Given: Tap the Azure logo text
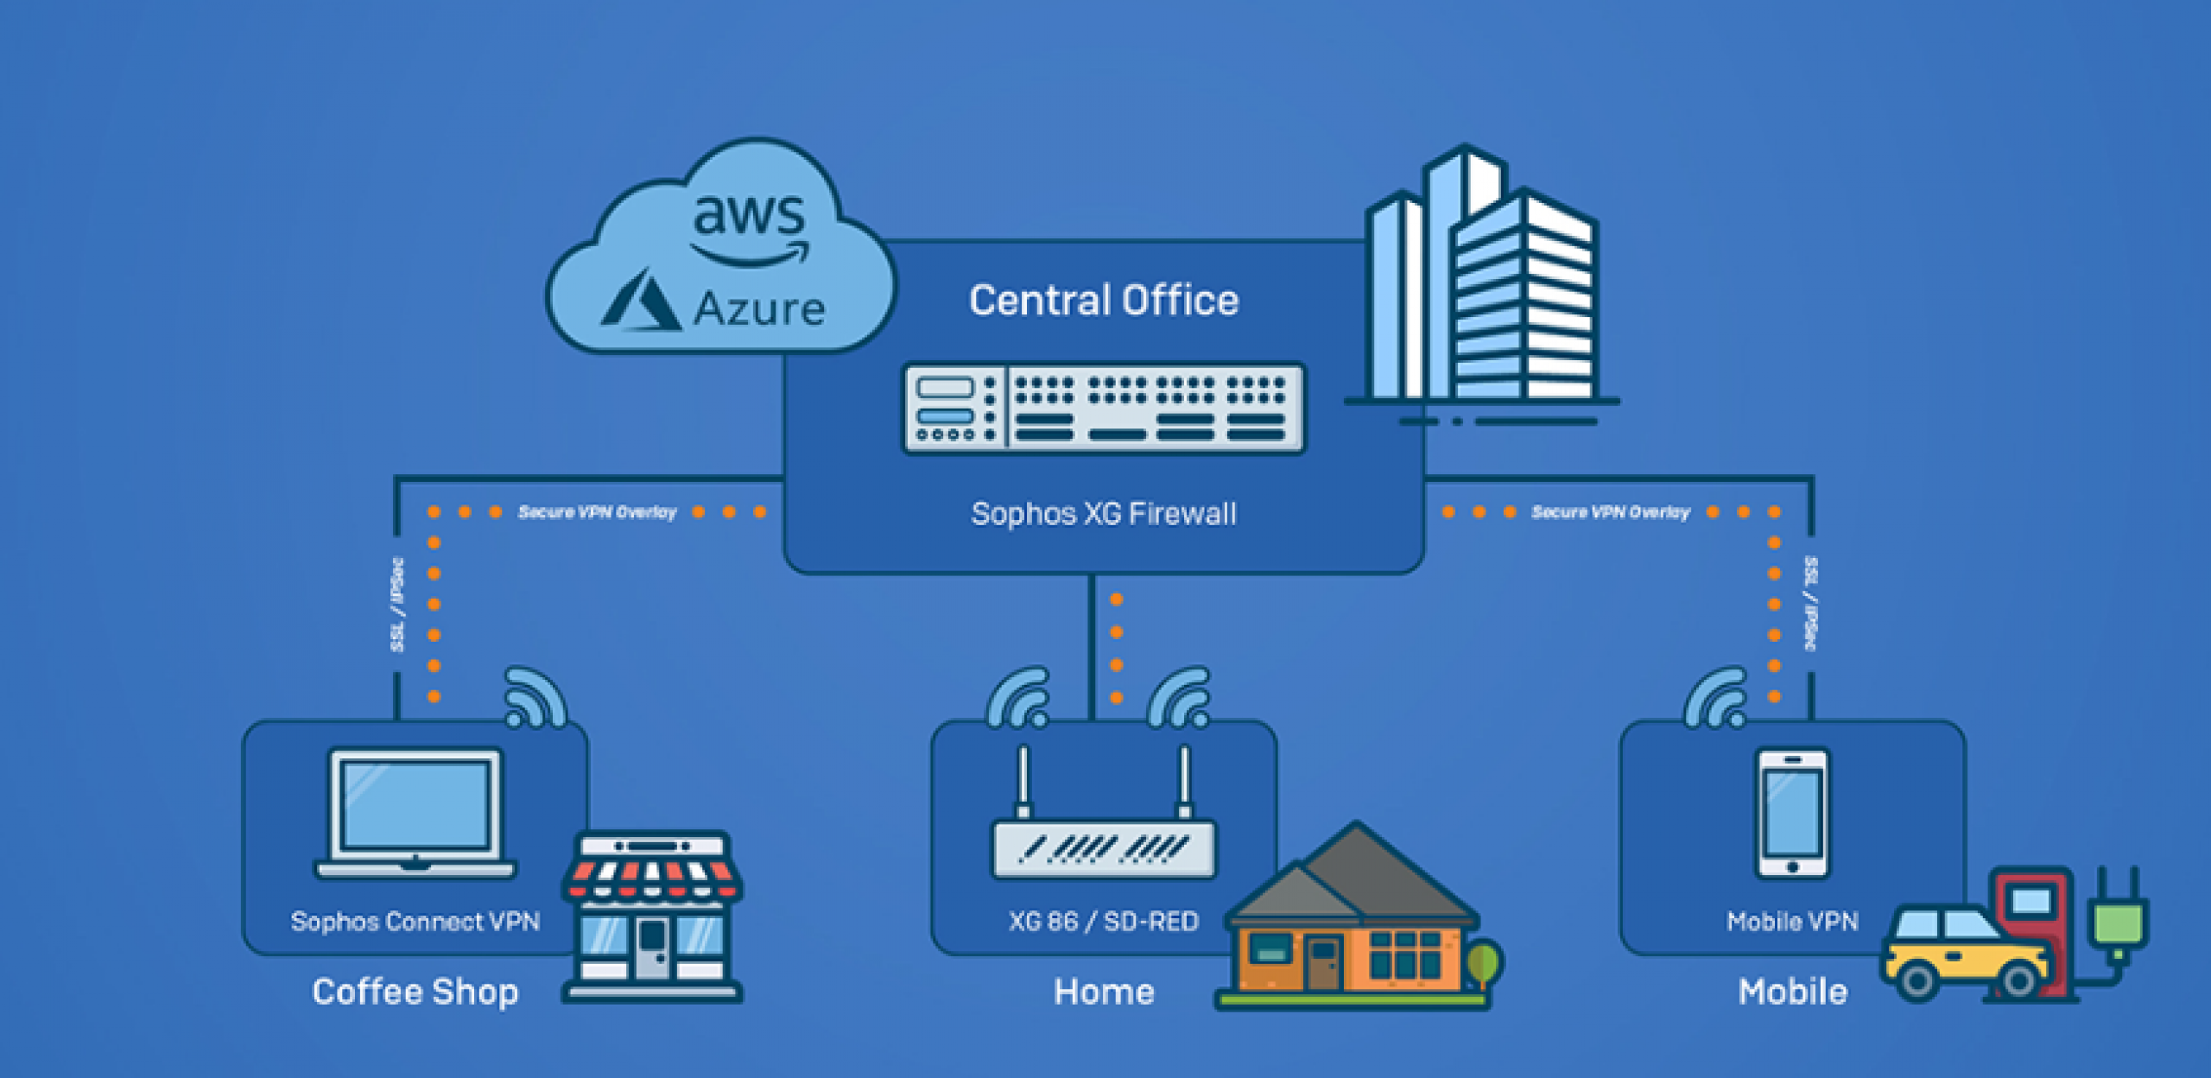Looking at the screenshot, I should [758, 308].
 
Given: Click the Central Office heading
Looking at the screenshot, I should [1104, 301].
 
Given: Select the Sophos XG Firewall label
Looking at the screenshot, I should [1104, 514].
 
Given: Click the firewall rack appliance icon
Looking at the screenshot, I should [1104, 409].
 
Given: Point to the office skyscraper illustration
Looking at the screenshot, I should [1482, 285].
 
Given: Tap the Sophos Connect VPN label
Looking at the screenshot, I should [415, 922].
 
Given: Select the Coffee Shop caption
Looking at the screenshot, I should [415, 992].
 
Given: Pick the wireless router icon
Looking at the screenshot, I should [1104, 829].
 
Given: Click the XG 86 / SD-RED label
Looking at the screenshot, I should [1104, 922].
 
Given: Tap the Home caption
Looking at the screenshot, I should [1104, 992].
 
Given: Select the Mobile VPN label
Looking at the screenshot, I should [1793, 922].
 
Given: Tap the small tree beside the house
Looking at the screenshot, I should [1484, 963].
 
